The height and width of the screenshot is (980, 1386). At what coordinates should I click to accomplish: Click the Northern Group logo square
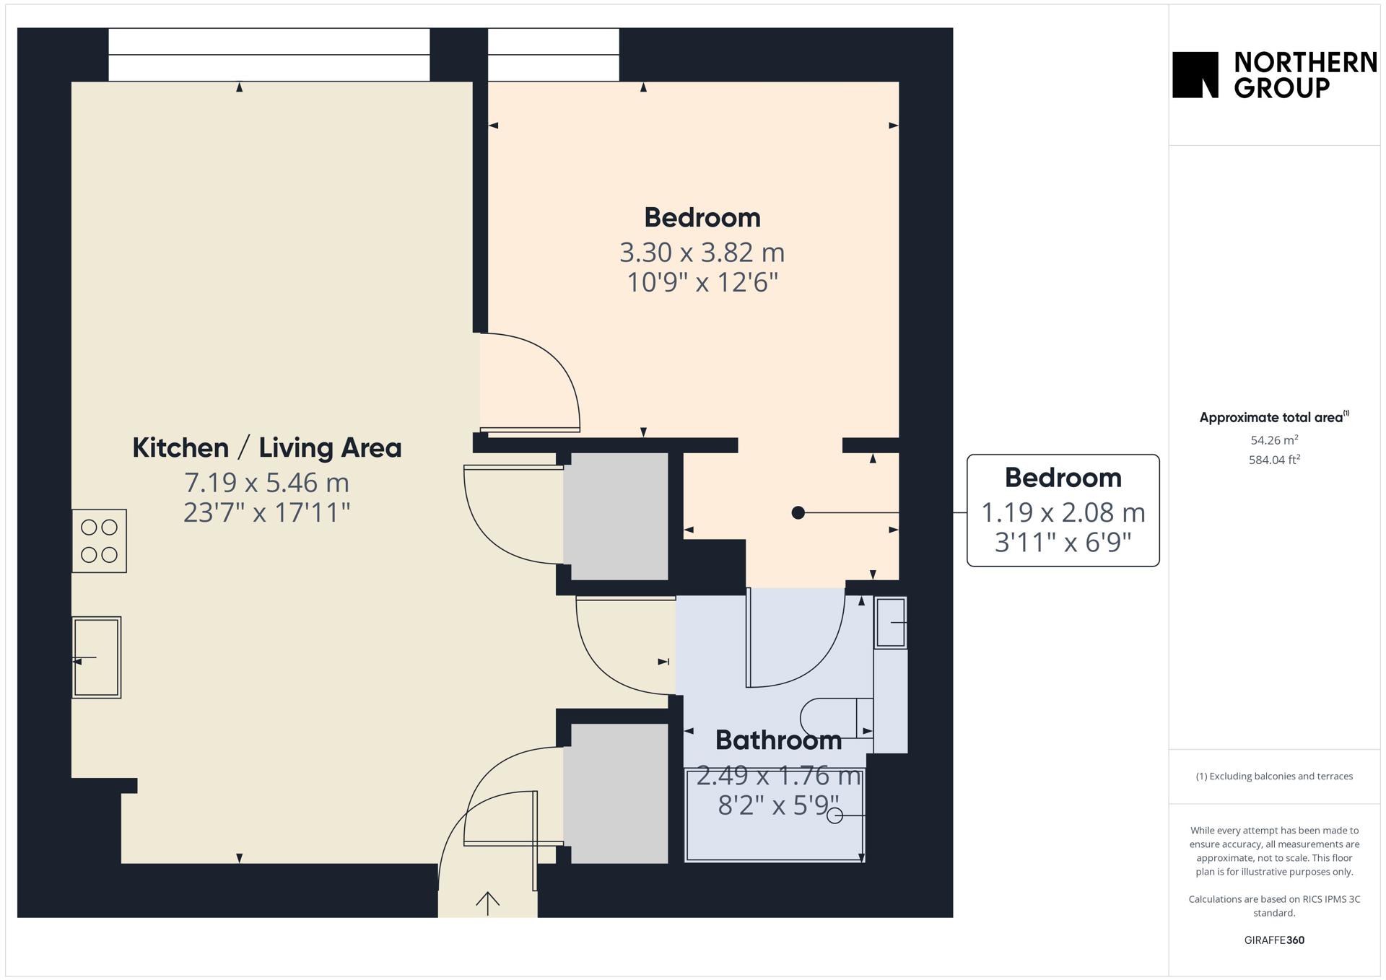1195,74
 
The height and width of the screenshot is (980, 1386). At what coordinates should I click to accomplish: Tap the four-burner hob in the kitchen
99,541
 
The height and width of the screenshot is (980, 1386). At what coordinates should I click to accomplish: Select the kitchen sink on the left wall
96,657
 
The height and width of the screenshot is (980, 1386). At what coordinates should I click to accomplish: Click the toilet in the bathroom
837,718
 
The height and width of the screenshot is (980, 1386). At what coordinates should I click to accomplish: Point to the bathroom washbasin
891,622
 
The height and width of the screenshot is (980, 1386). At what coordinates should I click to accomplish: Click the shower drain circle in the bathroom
834,815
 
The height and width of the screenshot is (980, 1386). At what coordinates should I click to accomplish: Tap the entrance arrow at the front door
488,904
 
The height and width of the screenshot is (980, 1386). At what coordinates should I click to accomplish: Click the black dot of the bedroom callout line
798,512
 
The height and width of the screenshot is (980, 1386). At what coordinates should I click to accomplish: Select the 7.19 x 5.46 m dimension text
267,481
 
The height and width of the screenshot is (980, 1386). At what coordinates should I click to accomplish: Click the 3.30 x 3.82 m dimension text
702,252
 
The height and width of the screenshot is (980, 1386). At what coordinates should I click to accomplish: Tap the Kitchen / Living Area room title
267,447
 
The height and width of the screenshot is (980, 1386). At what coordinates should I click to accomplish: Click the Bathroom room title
778,740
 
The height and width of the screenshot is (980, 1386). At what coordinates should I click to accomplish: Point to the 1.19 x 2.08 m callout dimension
1063,512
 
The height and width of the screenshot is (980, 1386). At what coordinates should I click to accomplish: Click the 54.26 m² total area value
1274,439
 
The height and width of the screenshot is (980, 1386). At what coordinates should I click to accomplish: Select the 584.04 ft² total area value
1274,459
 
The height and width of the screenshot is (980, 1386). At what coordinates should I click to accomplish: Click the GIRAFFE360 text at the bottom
1274,940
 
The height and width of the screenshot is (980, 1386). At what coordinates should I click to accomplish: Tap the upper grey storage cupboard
615,516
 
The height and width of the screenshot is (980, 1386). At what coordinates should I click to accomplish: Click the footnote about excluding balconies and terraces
1274,776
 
